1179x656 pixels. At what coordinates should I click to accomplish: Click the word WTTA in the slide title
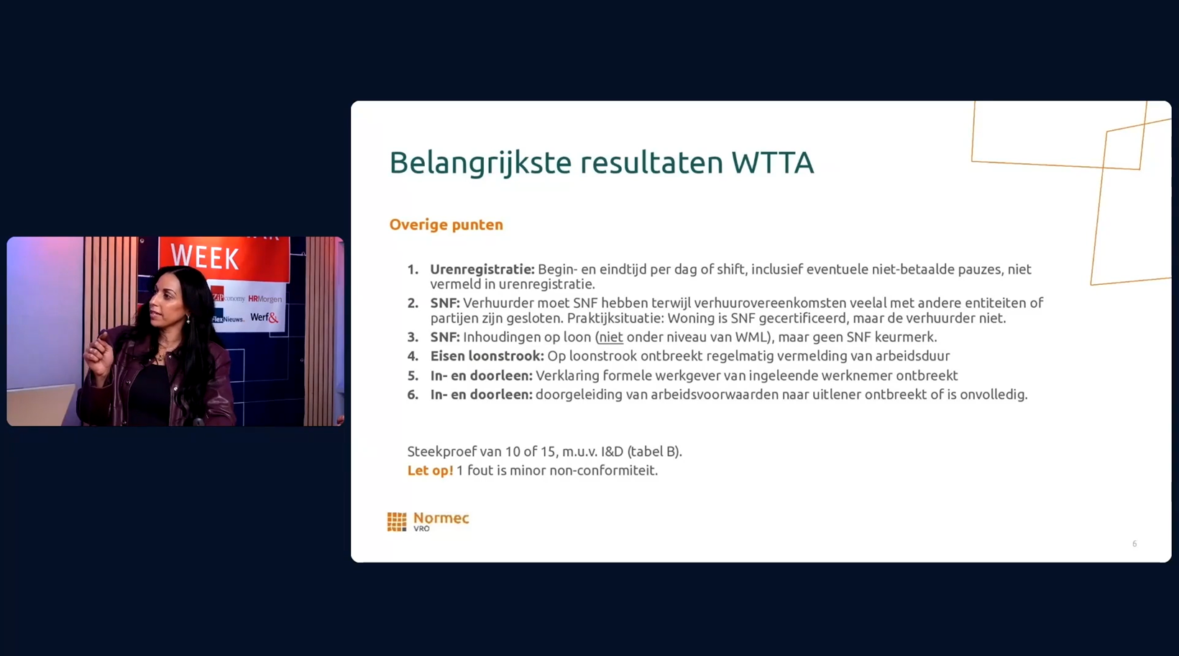[773, 162]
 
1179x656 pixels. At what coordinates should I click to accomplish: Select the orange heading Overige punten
[446, 225]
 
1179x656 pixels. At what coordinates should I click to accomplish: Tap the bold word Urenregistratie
[482, 270]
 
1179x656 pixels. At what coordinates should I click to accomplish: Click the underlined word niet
[610, 337]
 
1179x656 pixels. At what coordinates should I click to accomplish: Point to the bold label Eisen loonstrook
[487, 356]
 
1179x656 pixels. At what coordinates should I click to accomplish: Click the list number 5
[413, 376]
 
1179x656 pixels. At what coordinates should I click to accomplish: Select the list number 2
[413, 304]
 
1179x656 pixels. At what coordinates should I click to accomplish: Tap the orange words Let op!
[430, 470]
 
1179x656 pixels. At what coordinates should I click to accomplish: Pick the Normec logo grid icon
[397, 521]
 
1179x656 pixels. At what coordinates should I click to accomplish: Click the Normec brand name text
[441, 518]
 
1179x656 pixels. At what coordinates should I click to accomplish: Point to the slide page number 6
[1134, 544]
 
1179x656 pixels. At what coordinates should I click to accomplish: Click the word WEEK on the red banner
[206, 258]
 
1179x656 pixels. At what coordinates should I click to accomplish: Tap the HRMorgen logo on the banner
[265, 299]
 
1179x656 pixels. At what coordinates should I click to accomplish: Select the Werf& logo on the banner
[265, 317]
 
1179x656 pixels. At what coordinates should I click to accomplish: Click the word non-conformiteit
[603, 470]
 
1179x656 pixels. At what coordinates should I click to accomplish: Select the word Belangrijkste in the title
[480, 163]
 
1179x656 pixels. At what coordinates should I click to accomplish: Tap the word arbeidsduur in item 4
[912, 356]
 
